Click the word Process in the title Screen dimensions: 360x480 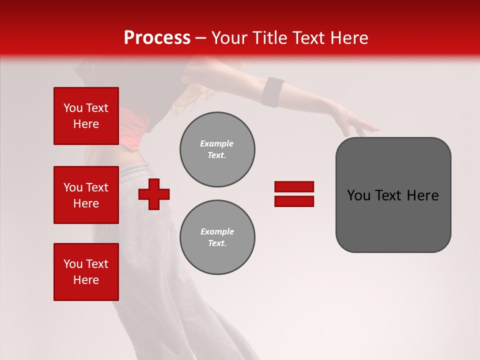(x=157, y=38)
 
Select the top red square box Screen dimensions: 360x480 (x=86, y=116)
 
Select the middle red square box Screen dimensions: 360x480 (x=86, y=195)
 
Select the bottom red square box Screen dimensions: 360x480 (x=86, y=272)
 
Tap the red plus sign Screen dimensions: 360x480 (x=154, y=194)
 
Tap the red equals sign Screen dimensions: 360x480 (x=294, y=194)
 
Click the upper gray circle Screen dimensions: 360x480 (x=217, y=149)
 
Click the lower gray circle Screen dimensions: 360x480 (x=217, y=237)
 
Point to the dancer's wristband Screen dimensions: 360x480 (x=273, y=92)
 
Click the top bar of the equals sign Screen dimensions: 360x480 (x=294, y=187)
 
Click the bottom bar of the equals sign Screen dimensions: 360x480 (x=294, y=201)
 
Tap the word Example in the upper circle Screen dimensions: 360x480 (x=216, y=143)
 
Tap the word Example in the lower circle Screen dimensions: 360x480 (x=217, y=231)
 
